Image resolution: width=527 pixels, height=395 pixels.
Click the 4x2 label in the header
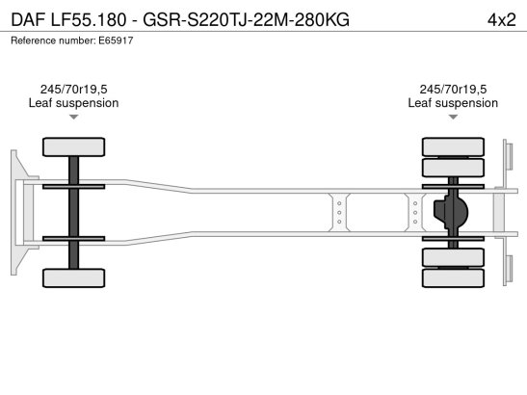[x=501, y=20]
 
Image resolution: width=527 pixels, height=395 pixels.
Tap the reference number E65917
[x=116, y=40]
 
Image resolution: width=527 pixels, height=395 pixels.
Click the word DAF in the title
[x=28, y=20]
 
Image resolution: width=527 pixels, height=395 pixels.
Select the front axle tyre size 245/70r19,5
[x=73, y=90]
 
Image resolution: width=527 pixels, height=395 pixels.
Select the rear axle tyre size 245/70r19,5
[x=453, y=90]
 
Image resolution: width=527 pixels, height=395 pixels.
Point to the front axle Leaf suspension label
[x=73, y=103]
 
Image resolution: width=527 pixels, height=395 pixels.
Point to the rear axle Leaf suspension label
[x=453, y=103]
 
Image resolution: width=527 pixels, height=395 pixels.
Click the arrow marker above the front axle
[x=73, y=117]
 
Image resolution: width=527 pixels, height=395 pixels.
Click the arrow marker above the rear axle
[x=453, y=117]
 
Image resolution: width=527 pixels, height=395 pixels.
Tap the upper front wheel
[x=73, y=146]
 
